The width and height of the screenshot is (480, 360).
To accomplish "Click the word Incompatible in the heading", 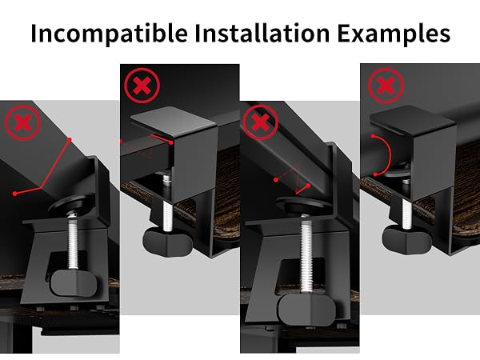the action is [110, 34].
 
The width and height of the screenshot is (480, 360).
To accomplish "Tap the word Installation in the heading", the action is [262, 32].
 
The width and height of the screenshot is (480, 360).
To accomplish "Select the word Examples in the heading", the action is [394, 34].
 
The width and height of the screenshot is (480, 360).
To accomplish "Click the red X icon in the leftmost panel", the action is [23, 122].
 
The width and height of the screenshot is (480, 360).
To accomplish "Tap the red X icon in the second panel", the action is [142, 86].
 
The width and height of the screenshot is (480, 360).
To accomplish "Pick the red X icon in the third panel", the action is [261, 122].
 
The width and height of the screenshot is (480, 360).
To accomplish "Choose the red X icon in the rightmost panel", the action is [386, 85].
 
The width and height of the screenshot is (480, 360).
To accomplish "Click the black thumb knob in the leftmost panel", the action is [74, 283].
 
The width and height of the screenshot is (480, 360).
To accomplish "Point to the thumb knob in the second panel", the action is [168, 242].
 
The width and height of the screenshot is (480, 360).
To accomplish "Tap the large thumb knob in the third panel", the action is [306, 310].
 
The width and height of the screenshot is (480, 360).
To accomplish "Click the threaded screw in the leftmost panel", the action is [73, 242].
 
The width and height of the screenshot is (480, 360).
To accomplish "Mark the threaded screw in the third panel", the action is [306, 255].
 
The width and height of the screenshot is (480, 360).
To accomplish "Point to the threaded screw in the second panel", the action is [167, 215].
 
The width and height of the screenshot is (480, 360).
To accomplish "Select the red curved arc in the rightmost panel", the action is [389, 155].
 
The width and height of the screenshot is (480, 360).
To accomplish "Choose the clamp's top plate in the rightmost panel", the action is [413, 120].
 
